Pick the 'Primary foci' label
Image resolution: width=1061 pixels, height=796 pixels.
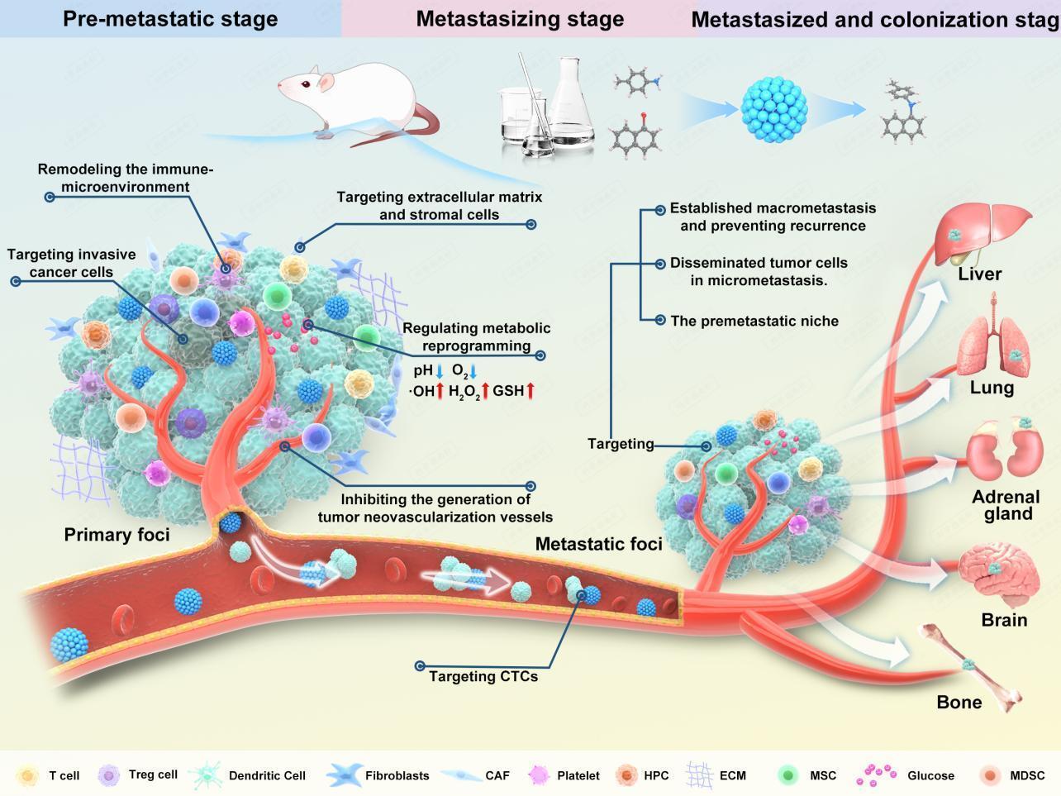click(117, 535)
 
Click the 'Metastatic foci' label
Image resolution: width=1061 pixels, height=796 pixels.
click(598, 544)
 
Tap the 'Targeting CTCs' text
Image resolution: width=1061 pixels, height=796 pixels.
click(483, 676)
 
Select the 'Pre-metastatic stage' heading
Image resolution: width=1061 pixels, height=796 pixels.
click(170, 18)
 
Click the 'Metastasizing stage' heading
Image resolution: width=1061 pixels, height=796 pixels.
click(520, 18)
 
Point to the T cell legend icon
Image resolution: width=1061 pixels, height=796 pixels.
click(27, 775)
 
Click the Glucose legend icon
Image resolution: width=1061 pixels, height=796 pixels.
click(877, 775)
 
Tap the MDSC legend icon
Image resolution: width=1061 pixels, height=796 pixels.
click(989, 775)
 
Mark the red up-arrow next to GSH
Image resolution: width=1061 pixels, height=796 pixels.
click(530, 390)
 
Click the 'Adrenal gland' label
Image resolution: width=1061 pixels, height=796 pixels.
click(1006, 505)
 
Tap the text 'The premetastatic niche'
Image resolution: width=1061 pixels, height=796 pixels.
click(754, 321)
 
